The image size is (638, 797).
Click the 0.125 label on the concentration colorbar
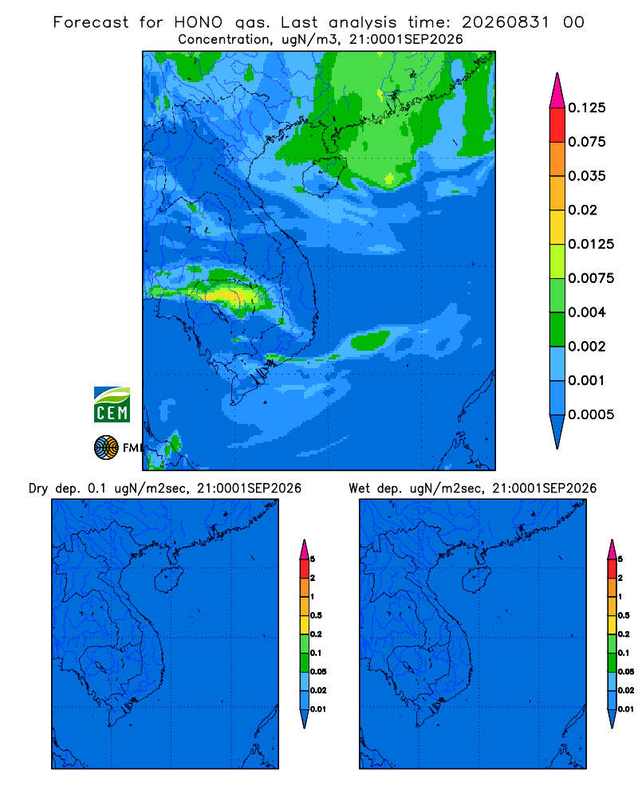click(587, 108)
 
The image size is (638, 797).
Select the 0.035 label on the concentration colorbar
click(587, 176)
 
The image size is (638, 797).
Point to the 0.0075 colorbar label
click(591, 278)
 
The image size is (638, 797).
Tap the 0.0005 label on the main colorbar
click(591, 414)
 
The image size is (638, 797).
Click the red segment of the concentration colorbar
click(557, 125)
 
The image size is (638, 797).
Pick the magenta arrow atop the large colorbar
click(557, 91)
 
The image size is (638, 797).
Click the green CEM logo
click(112, 405)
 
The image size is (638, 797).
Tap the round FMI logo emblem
click(106, 448)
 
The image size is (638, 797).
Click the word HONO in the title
click(199, 22)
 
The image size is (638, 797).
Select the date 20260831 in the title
click(506, 22)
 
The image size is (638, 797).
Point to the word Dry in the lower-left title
click(37, 489)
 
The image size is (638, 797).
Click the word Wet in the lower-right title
click(359, 489)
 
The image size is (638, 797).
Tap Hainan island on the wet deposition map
click(477, 580)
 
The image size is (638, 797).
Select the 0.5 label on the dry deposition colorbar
click(316, 615)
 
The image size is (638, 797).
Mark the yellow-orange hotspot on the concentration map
click(226, 296)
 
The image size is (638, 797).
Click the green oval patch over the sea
click(370, 340)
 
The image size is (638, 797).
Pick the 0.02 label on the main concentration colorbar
click(582, 210)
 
